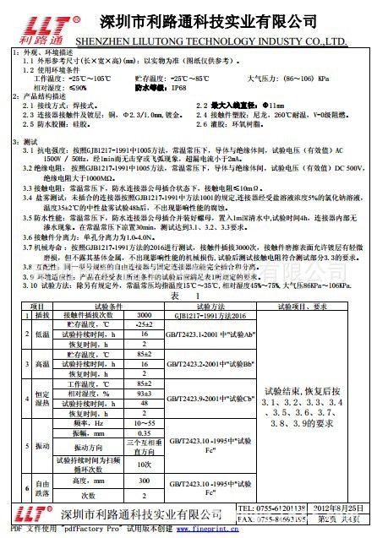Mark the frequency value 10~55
click(145, 423)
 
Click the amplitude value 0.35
click(145, 433)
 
